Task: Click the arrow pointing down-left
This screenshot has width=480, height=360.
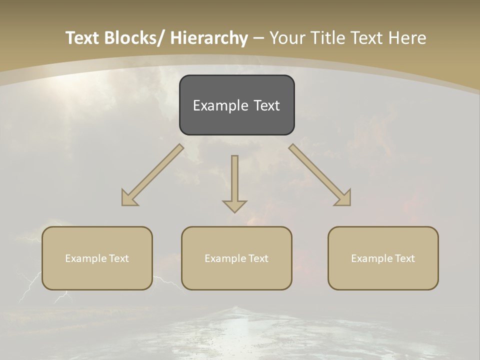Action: [x=155, y=173]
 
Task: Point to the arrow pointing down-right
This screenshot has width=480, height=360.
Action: [x=317, y=173]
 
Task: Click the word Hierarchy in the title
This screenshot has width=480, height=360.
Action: [x=209, y=38]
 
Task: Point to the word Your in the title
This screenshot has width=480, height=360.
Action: [x=287, y=38]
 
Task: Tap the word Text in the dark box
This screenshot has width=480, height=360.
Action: [x=266, y=105]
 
